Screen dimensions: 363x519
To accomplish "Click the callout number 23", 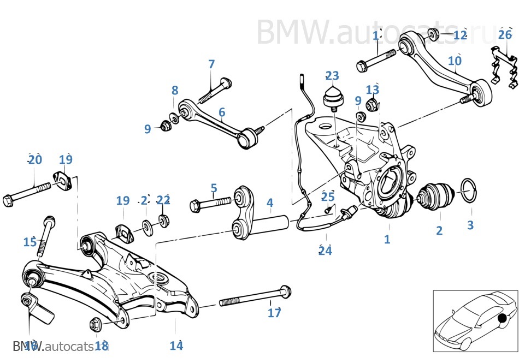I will (x=332, y=75).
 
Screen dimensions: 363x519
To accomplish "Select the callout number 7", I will (x=211, y=64).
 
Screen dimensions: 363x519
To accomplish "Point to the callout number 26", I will (x=505, y=35).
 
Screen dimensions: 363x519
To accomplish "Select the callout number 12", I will (x=460, y=35).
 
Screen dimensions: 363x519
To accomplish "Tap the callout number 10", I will (x=455, y=61).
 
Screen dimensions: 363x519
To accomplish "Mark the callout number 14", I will (x=176, y=345).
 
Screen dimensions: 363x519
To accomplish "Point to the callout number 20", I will (x=35, y=159).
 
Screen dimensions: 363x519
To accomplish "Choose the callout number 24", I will (x=326, y=251).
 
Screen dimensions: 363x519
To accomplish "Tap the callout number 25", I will (x=327, y=197).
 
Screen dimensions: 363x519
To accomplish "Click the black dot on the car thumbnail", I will (x=502, y=318).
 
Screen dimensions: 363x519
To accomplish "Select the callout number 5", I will (x=214, y=188).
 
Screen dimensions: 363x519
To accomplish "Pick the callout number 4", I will (x=270, y=203).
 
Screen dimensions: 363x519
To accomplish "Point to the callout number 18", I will (x=102, y=345).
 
